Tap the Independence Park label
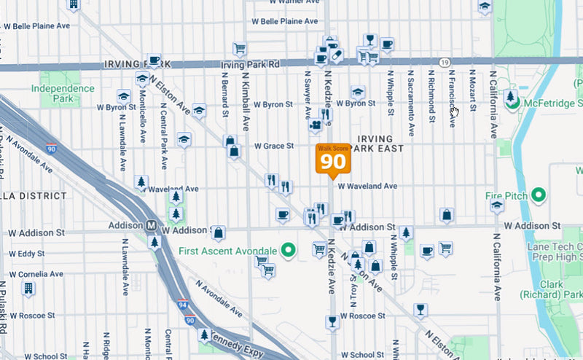[63, 93]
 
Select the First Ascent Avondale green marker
[288, 251]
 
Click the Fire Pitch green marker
[539, 195]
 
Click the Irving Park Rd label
[250, 65]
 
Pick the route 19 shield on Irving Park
[444, 63]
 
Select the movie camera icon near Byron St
[315, 126]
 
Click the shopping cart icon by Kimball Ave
[239, 49]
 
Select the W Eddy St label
[26, 254]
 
